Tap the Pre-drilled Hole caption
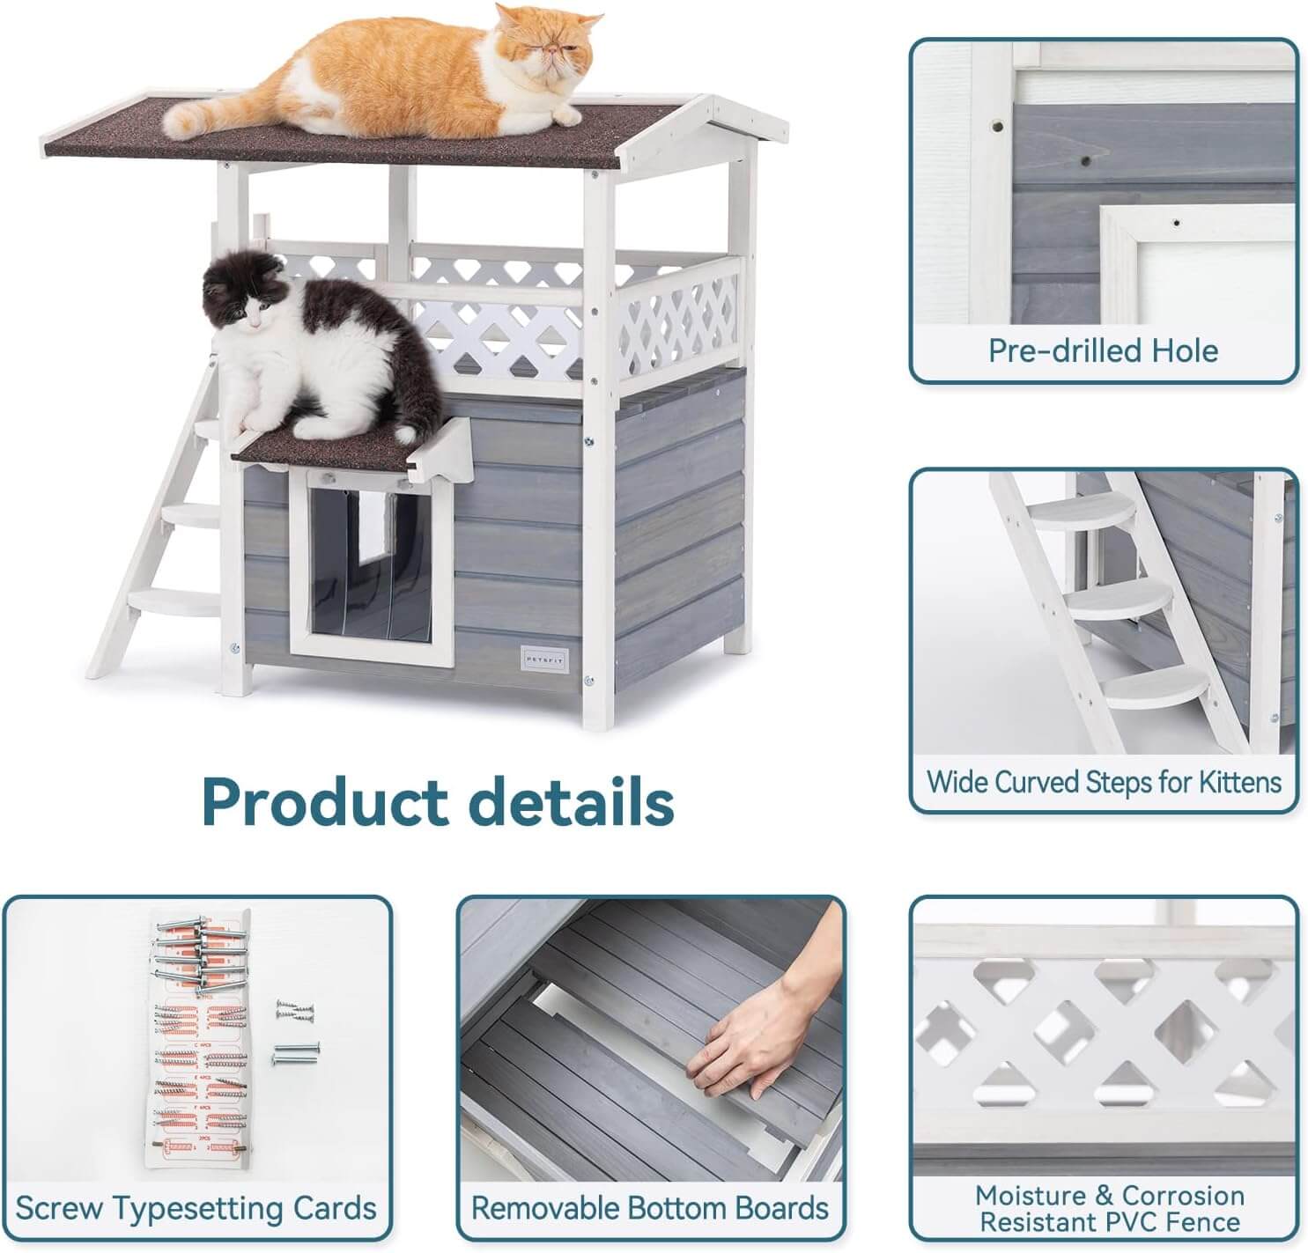point(1103,350)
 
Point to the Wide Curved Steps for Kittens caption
point(1104,782)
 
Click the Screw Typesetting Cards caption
point(196,1208)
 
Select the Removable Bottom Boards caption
point(650,1208)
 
